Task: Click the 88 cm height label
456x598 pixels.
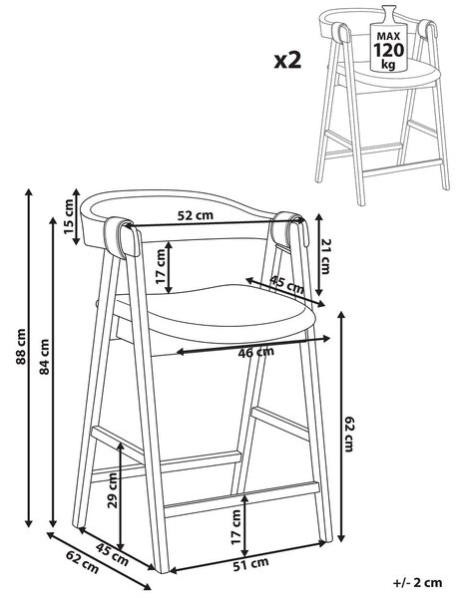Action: [21, 346]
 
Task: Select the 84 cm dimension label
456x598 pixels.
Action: [44, 357]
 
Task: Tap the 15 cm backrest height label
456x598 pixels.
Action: [69, 216]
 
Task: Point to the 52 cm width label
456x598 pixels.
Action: [196, 215]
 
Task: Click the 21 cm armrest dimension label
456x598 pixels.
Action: [325, 257]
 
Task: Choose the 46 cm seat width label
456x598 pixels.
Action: [255, 352]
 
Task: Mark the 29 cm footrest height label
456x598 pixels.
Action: [113, 490]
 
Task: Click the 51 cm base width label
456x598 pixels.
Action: [250, 564]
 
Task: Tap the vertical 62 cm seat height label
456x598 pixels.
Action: [349, 434]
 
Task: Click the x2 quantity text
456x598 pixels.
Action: [287, 61]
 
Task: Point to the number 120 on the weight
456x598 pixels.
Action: [388, 50]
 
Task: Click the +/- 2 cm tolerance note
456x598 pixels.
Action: [417, 583]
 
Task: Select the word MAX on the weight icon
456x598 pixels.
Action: [388, 37]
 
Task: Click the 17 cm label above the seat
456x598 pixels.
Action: [161, 266]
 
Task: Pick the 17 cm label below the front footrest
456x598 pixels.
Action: [236, 526]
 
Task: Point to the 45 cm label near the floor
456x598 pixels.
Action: [112, 554]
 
